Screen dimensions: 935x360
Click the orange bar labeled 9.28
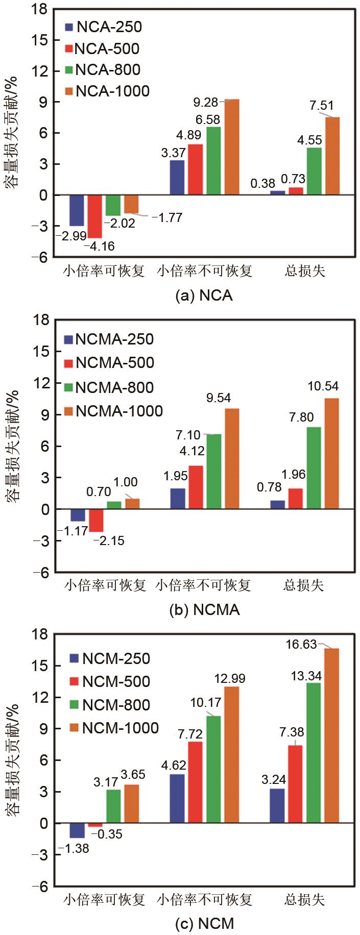(x=232, y=147)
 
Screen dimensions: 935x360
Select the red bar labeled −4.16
(x=94, y=216)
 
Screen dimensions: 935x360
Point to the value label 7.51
(x=322, y=106)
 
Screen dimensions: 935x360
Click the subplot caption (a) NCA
(x=204, y=296)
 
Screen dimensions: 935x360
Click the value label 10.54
(x=323, y=386)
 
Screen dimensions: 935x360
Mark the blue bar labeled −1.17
(x=78, y=515)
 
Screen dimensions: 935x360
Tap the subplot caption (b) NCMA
(x=204, y=610)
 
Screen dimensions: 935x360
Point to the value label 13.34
(x=306, y=676)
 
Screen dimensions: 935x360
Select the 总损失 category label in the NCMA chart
(x=304, y=585)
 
